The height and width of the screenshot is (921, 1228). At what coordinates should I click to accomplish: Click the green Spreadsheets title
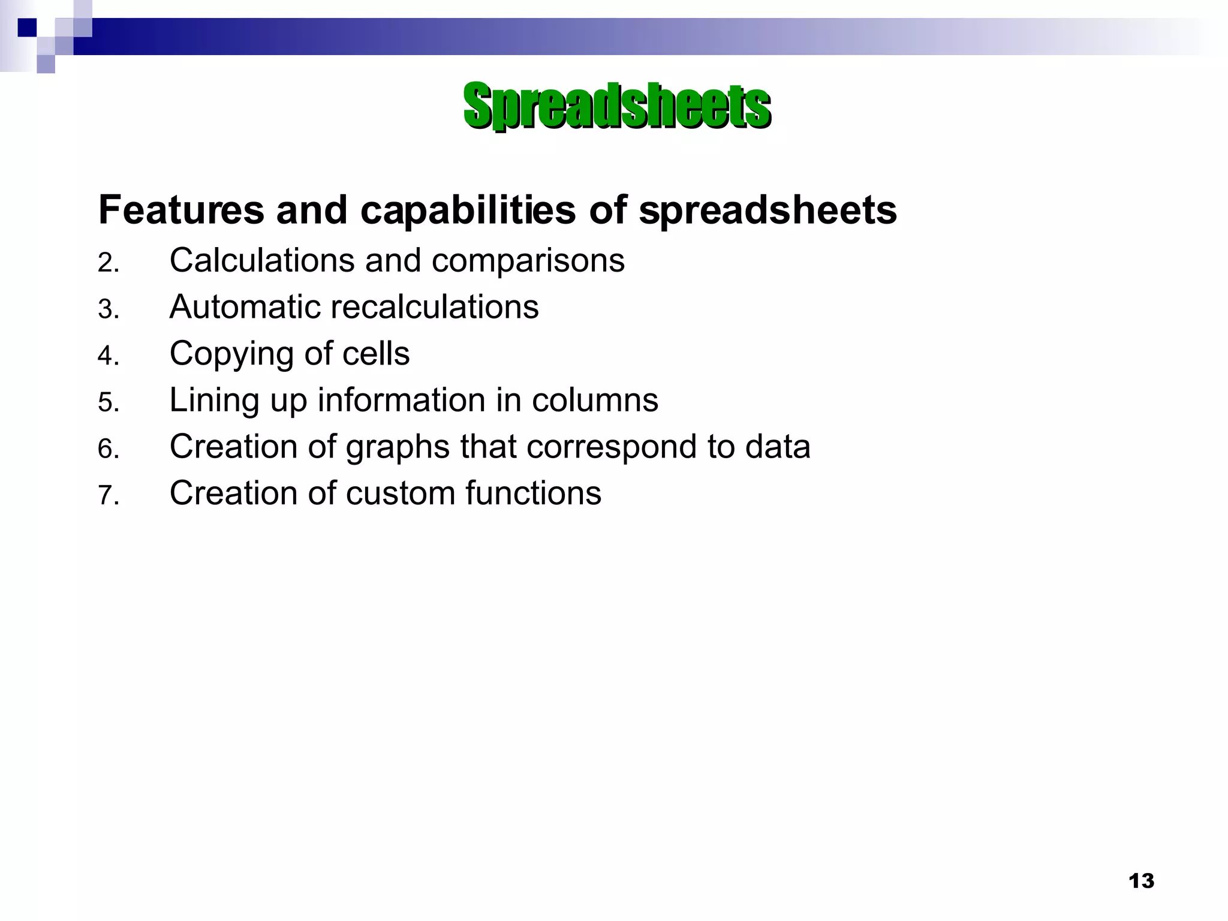pos(616,106)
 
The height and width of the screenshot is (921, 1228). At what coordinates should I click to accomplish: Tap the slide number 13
pos(1141,881)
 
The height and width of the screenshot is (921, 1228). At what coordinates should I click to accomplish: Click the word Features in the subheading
pos(181,210)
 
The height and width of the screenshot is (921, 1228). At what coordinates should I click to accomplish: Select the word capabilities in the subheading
pos(468,210)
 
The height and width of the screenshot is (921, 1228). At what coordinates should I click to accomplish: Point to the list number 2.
pos(109,263)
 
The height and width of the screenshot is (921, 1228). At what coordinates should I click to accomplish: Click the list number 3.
pos(109,309)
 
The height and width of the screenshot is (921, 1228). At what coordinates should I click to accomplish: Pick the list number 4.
pos(109,356)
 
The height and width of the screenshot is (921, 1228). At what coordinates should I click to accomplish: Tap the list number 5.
pos(109,402)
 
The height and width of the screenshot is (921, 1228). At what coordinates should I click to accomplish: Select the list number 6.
pos(109,449)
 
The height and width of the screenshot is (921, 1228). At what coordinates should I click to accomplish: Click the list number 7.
pos(109,496)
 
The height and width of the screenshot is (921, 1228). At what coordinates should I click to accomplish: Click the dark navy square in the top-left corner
pos(27,28)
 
